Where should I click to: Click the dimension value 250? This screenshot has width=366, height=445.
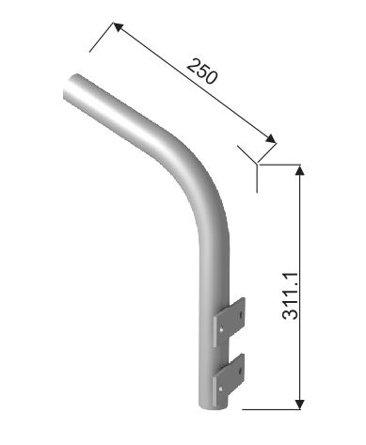point(202,72)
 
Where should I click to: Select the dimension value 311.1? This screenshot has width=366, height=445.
point(290,295)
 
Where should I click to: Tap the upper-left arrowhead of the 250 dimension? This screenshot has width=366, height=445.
point(118,26)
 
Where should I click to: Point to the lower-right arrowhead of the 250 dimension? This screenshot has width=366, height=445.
point(271,138)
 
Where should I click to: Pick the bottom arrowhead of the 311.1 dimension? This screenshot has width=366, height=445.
point(300,405)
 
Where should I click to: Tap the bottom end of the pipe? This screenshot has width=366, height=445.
point(214,405)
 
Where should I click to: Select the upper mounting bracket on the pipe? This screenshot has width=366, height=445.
point(229,322)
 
